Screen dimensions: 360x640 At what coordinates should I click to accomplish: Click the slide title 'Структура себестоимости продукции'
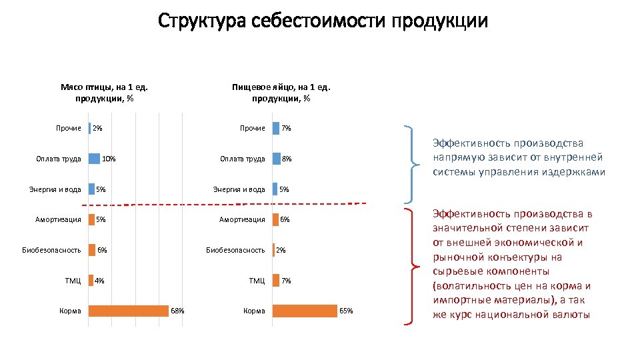coord(323,21)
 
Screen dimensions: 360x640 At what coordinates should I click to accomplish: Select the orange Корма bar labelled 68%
coord(129,311)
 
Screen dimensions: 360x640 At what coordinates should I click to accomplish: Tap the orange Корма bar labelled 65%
coord(305,311)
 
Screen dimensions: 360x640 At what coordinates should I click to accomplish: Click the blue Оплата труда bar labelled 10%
coord(94,159)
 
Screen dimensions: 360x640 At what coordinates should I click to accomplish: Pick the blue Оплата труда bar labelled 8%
coord(276,159)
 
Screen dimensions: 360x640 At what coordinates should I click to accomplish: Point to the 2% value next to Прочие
coord(98,128)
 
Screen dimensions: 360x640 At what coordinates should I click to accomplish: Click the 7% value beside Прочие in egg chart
coord(286,128)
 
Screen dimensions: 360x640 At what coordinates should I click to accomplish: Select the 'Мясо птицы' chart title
coord(103,93)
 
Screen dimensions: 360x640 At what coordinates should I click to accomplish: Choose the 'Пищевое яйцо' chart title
coord(281,93)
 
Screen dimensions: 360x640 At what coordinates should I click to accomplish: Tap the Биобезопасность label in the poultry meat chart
coord(51,250)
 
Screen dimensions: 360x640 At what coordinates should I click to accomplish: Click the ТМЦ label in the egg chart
coord(257,281)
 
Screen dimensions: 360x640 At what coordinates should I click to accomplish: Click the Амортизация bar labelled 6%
coord(275,219)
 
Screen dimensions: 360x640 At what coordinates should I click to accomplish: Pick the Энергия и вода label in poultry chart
coord(55,189)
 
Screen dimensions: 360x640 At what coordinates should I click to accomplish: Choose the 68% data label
coord(177,311)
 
